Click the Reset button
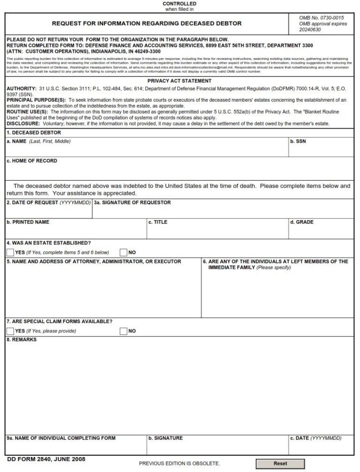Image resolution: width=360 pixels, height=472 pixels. [x=280, y=463]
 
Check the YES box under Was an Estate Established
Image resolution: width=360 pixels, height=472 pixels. [x=10, y=252]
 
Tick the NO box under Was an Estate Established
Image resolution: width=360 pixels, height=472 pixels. [x=124, y=252]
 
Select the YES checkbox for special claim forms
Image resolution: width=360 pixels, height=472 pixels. [x=10, y=331]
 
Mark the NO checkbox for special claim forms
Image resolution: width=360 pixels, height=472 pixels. [x=124, y=331]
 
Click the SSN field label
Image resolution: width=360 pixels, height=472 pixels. [x=298, y=141]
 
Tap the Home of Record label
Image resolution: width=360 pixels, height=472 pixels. [x=32, y=161]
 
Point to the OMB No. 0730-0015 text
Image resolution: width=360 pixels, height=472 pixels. [x=318, y=18]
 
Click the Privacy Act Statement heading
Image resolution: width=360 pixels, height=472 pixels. [x=180, y=81]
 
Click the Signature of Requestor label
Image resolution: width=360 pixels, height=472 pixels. [x=132, y=203]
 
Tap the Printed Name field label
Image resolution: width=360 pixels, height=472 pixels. [x=28, y=222]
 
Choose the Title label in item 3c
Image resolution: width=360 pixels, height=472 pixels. [x=157, y=222]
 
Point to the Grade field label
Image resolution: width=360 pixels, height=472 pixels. [x=301, y=222]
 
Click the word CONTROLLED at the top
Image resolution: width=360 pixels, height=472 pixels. [x=180, y=4]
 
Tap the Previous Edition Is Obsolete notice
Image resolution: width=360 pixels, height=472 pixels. [x=180, y=464]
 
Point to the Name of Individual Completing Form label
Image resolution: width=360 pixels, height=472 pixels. [x=61, y=438]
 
